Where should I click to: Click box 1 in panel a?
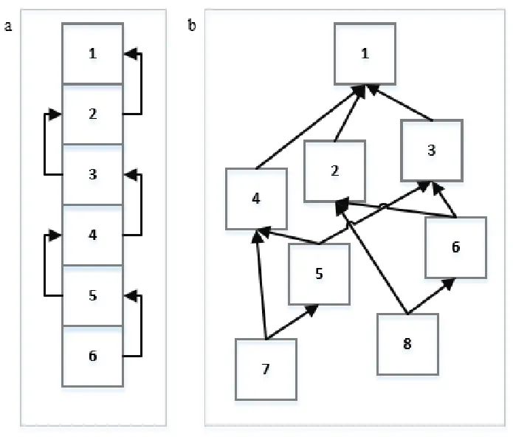92,53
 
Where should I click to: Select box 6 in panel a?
92,357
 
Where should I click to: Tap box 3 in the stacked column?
92,175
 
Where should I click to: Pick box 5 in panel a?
92,296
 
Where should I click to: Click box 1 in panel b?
365,54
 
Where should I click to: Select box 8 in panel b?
407,344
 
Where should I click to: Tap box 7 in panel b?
266,369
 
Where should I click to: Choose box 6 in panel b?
455,247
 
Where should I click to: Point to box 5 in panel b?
320,274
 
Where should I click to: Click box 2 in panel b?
334,171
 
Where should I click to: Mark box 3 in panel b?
432,151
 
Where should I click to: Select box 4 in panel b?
257,199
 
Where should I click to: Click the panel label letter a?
8,26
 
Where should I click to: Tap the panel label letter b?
192,25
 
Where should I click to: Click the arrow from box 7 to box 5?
292,322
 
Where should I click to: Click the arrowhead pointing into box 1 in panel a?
131,54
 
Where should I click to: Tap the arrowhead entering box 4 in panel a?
55,235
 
